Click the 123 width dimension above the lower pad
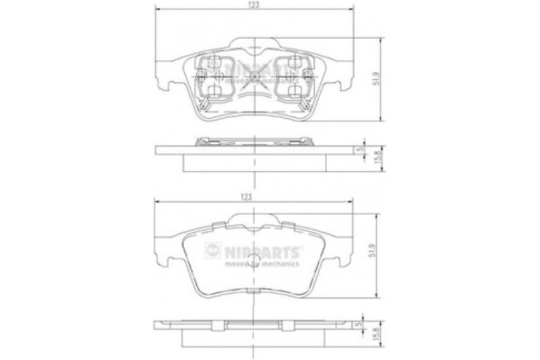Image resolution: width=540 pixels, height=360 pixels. (x=245, y=195)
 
